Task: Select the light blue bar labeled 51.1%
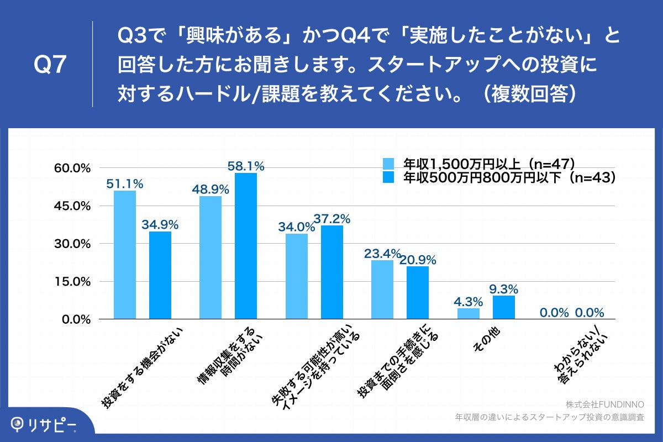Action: (125, 255)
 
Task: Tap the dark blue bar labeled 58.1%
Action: (246, 246)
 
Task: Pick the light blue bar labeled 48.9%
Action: (211, 257)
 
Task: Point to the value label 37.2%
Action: (331, 218)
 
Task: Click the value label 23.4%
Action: (382, 254)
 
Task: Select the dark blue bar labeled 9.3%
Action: (503, 307)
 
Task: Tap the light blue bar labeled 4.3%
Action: (469, 313)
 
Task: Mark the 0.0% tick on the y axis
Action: (77, 319)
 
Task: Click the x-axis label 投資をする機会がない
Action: (141, 367)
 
